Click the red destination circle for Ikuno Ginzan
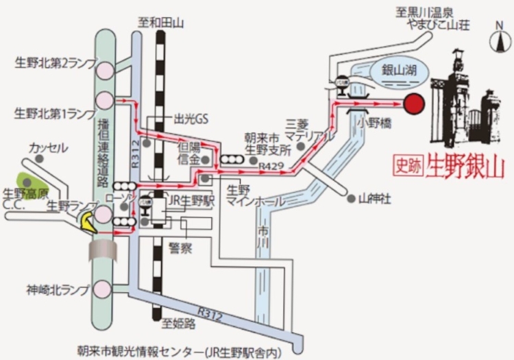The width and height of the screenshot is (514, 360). pos(413,104)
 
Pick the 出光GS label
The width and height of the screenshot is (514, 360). pos(191,119)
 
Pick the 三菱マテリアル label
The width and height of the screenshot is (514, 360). pos(302,130)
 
